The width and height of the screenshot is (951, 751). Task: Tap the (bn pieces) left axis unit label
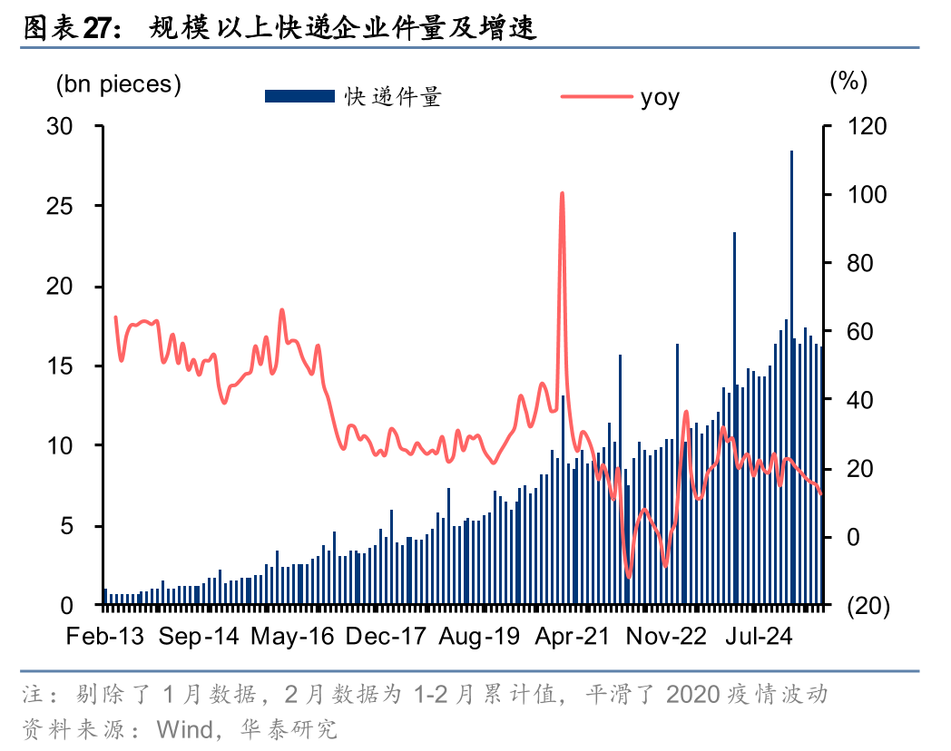tap(119, 84)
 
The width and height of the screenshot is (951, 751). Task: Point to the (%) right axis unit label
tap(848, 82)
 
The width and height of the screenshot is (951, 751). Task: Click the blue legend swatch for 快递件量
tap(299, 96)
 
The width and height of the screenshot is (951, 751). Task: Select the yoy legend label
tap(660, 97)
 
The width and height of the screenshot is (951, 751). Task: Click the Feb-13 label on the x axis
tap(105, 637)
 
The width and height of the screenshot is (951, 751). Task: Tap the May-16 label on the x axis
tap(292, 637)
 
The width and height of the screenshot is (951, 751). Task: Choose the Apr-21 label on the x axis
tap(572, 637)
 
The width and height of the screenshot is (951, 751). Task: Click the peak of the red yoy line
tap(563, 193)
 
